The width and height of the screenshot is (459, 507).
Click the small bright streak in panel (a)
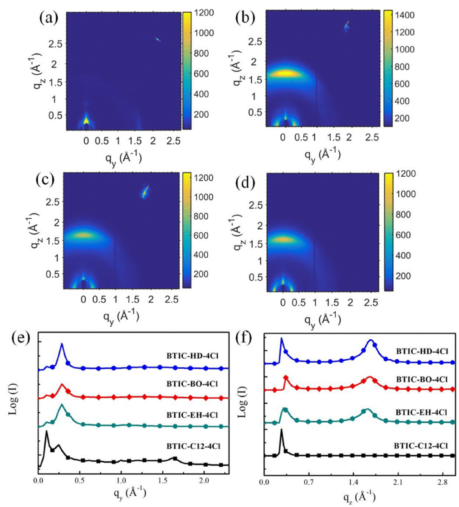[x=157, y=39]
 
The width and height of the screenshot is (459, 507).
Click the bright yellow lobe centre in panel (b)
[x=283, y=73]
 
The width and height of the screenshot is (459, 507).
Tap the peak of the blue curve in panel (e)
[x=61, y=344]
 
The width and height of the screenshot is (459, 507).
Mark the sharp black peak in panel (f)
[x=281, y=429]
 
